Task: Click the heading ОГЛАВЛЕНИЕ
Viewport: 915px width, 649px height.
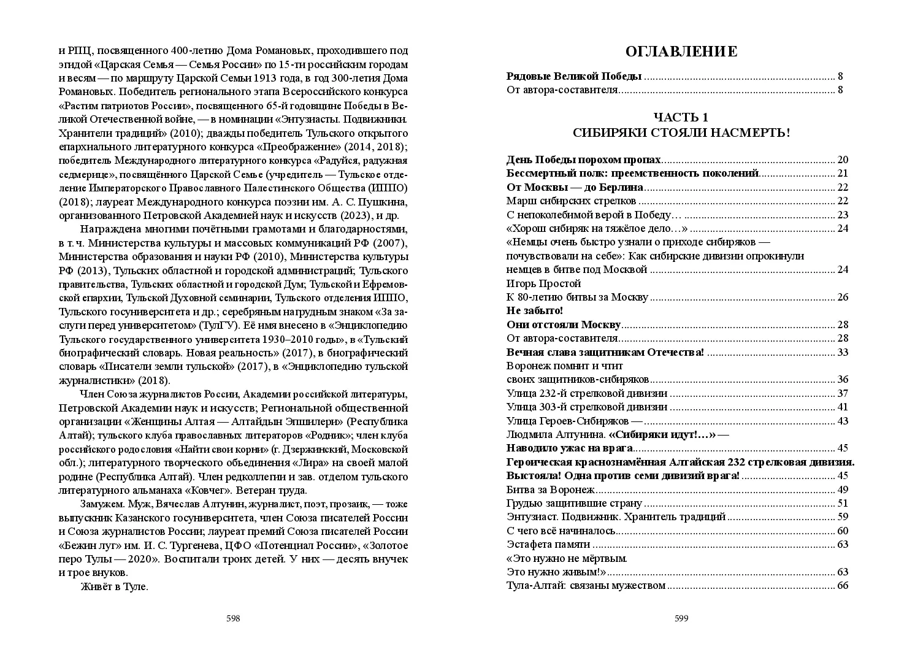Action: click(x=681, y=52)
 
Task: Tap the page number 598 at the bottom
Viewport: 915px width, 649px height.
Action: click(x=233, y=618)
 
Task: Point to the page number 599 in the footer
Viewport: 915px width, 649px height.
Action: click(x=681, y=618)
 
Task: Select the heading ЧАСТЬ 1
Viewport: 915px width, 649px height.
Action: click(x=681, y=118)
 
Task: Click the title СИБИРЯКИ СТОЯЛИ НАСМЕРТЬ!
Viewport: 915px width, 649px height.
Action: click(x=681, y=132)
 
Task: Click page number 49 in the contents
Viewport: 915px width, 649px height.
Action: click(x=843, y=490)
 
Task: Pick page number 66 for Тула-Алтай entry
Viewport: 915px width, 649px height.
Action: click(x=843, y=585)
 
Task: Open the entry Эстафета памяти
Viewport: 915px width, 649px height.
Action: click(x=548, y=544)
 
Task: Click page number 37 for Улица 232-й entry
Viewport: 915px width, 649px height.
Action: click(x=843, y=393)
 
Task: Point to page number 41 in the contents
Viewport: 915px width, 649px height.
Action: click(x=843, y=407)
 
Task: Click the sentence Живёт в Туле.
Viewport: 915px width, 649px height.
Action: click(x=115, y=586)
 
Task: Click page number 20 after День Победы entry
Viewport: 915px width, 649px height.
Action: click(x=843, y=160)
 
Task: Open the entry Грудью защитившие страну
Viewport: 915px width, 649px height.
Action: click(x=574, y=503)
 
